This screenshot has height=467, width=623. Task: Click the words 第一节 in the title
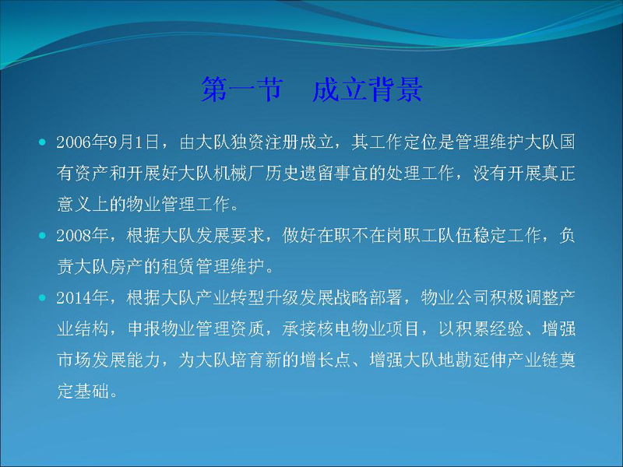[x=242, y=89]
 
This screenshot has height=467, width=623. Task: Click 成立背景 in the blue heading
[x=367, y=89]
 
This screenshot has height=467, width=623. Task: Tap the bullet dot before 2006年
[x=43, y=142]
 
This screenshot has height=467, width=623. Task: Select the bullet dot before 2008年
[x=43, y=236]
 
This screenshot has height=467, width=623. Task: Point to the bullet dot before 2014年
[x=43, y=298]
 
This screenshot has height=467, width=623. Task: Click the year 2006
[x=73, y=142]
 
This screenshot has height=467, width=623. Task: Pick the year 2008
[x=73, y=236]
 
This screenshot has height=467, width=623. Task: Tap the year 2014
[x=73, y=298]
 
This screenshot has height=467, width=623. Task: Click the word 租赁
[x=178, y=267]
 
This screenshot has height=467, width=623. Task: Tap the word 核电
[x=334, y=329]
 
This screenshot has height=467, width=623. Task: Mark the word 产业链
[x=533, y=360]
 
